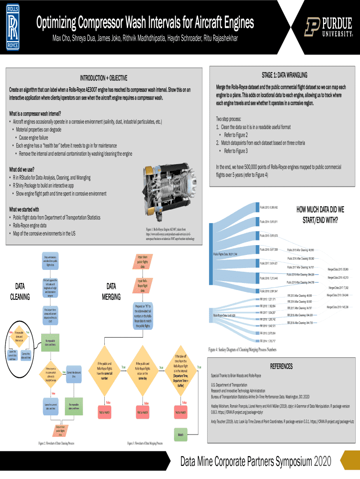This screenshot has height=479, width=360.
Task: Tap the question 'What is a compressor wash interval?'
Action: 35,114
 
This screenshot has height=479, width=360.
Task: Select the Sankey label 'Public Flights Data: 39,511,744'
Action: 225,254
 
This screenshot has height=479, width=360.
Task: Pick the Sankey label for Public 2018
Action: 269,278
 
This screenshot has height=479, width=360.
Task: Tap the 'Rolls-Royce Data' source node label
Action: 225,316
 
